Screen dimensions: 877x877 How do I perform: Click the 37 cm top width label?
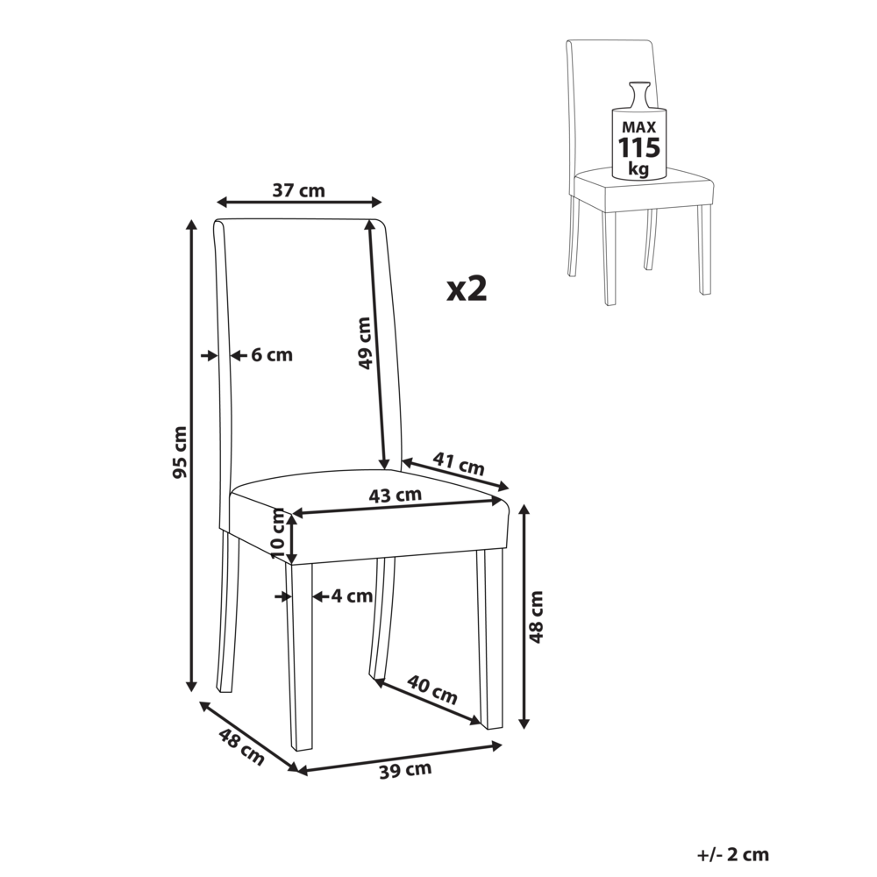click(x=299, y=189)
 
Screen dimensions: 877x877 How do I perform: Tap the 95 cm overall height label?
click(x=180, y=452)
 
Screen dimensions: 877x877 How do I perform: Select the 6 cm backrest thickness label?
click(x=272, y=355)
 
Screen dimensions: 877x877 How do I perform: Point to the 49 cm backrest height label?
click(x=366, y=342)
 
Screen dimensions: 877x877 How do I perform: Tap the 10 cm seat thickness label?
click(x=278, y=537)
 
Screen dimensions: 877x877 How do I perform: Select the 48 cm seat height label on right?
click(x=536, y=617)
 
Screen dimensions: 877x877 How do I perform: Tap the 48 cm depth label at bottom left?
click(x=240, y=747)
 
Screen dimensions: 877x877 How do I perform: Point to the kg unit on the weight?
click(x=639, y=168)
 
